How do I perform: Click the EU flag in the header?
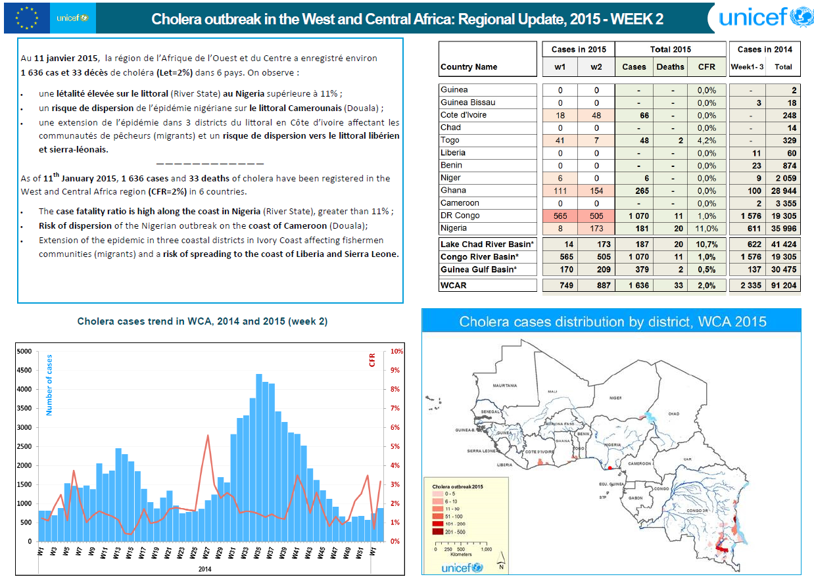click(26, 18)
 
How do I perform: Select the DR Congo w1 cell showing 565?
click(560, 216)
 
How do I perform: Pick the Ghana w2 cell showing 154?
click(596, 191)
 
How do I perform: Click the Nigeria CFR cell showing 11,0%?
click(706, 228)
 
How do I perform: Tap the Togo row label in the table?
click(450, 140)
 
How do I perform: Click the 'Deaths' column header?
click(670, 66)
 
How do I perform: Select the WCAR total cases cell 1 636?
click(634, 286)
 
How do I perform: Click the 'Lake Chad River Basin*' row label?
click(487, 244)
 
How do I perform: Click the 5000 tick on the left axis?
click(24, 352)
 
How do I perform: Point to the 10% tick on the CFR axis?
click(398, 352)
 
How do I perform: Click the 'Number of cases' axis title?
click(49, 385)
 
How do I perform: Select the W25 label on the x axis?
click(193, 552)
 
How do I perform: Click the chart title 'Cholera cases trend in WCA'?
click(202, 321)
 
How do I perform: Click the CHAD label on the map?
click(674, 413)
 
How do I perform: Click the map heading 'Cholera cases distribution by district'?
click(613, 322)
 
